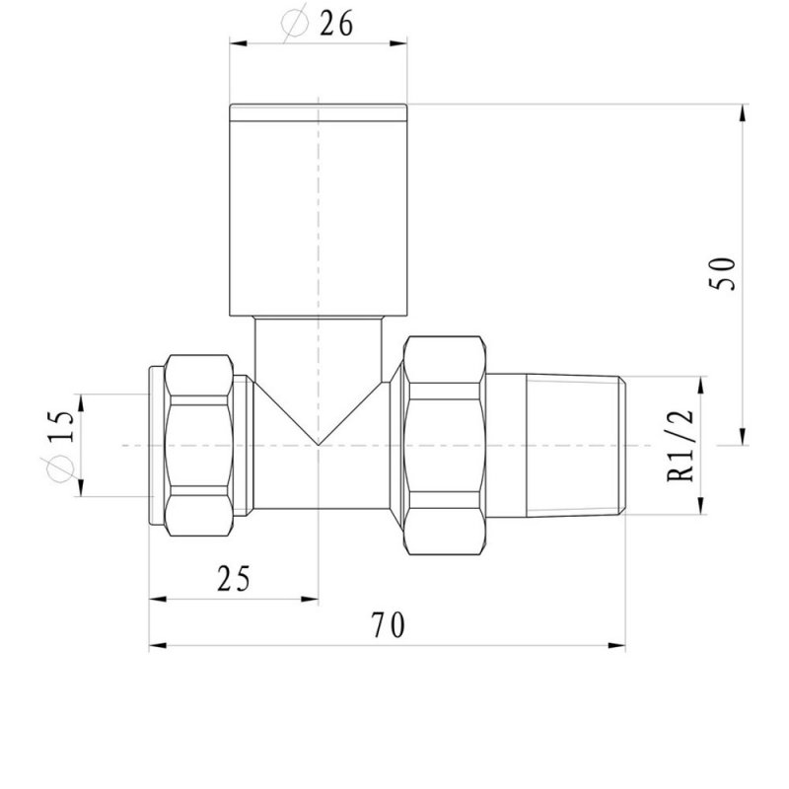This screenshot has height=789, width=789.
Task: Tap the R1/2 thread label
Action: click(x=681, y=446)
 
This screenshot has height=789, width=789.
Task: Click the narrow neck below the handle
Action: click(x=319, y=345)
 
